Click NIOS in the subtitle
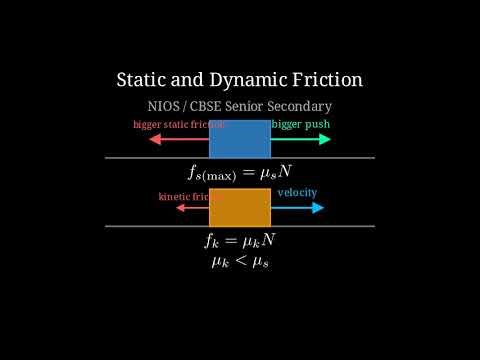163,106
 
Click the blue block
240,139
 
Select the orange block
240,207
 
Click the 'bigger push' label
301,125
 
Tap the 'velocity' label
297,192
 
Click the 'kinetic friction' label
184,197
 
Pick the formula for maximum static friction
240,171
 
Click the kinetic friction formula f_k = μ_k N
240,241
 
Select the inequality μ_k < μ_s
240,261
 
